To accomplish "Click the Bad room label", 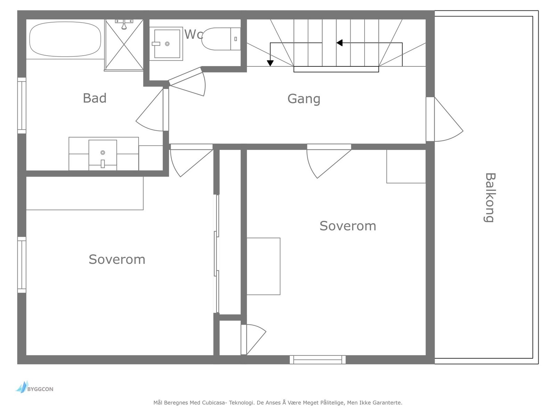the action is (x=95, y=98).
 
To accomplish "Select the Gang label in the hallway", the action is (x=304, y=99).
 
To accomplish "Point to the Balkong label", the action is (x=489, y=198).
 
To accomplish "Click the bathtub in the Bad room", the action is (x=65, y=39).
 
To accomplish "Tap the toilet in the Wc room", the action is (x=221, y=39).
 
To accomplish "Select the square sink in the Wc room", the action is (x=166, y=44).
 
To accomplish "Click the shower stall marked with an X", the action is (x=124, y=44).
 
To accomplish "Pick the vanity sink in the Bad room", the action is (x=103, y=155).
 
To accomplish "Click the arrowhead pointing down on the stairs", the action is (x=270, y=63).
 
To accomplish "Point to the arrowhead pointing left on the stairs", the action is (x=340, y=43).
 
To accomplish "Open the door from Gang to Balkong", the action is (x=444, y=119).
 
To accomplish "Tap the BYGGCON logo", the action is (x=34, y=387).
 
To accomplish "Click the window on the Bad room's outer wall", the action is (x=22, y=105).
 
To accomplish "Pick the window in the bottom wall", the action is (x=318, y=360).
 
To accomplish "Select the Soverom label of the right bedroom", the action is (x=348, y=226).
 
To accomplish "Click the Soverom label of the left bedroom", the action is (x=117, y=259).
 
